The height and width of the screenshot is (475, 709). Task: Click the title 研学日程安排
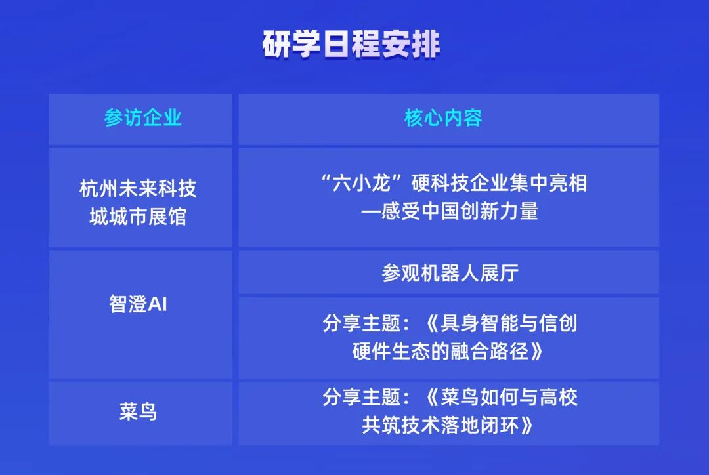(351, 45)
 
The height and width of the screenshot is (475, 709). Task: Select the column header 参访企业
(142, 118)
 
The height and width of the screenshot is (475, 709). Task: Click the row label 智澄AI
(139, 304)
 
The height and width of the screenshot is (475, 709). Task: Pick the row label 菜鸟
(139, 412)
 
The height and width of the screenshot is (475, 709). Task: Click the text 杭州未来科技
(138, 189)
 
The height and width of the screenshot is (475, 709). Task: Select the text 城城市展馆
(138, 216)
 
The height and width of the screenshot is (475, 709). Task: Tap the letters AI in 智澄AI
(158, 304)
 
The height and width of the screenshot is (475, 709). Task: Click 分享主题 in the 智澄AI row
(361, 323)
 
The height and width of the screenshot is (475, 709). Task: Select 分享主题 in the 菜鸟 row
(361, 397)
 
